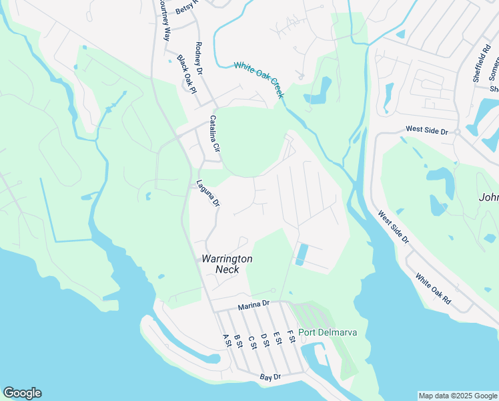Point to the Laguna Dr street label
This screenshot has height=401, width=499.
(x=207, y=193)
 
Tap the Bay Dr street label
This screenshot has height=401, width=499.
(x=271, y=378)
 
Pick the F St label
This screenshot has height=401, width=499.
(x=290, y=337)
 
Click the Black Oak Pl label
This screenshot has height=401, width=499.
(x=187, y=74)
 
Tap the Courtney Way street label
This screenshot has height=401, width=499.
(x=164, y=20)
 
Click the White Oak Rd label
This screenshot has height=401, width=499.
(x=433, y=289)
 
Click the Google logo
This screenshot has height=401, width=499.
(x=22, y=393)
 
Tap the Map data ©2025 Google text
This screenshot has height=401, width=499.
(x=457, y=396)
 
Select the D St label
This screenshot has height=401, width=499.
(x=264, y=340)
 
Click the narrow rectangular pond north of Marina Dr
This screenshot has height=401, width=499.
(x=301, y=255)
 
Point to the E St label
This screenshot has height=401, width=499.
(x=277, y=338)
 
